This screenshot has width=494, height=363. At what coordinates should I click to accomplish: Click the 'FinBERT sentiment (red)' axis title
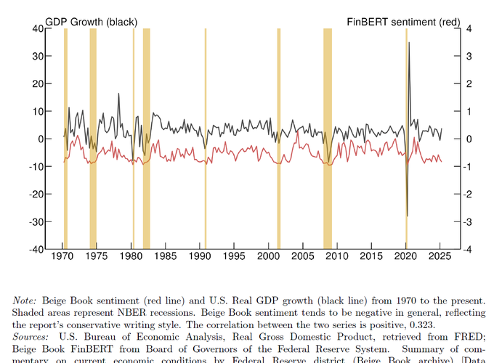412,22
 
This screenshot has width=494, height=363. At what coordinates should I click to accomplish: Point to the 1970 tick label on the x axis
62,257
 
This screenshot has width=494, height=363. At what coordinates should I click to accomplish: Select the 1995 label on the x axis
234,257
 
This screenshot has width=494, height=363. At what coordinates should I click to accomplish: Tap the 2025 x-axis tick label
440,257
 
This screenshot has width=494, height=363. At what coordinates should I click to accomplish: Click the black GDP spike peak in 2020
409,43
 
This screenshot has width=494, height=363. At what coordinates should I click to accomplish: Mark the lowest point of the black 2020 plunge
407,216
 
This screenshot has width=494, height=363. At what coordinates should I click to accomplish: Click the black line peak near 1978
118,94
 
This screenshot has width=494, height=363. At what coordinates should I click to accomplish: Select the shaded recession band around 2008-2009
328,138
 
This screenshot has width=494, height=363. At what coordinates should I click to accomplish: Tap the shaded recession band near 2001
278,138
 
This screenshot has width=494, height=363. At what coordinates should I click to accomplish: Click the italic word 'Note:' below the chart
27,300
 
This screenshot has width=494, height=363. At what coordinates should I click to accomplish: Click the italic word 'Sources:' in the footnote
32,337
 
